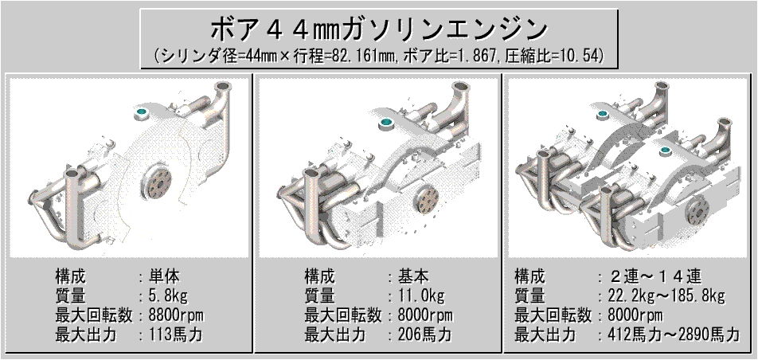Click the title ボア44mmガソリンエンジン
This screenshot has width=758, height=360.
pyautogui.click(x=379, y=30)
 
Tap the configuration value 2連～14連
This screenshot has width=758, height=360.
pyautogui.click(x=649, y=277)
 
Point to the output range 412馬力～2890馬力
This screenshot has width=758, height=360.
pyautogui.click(x=669, y=335)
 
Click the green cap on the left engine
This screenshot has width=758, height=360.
pyautogui.click(x=141, y=112)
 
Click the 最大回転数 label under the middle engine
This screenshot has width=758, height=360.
pyautogui.click(x=342, y=315)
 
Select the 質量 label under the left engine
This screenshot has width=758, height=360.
pyautogui.click(x=70, y=295)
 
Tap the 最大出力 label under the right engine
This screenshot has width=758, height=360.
pyautogui.click(x=545, y=335)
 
